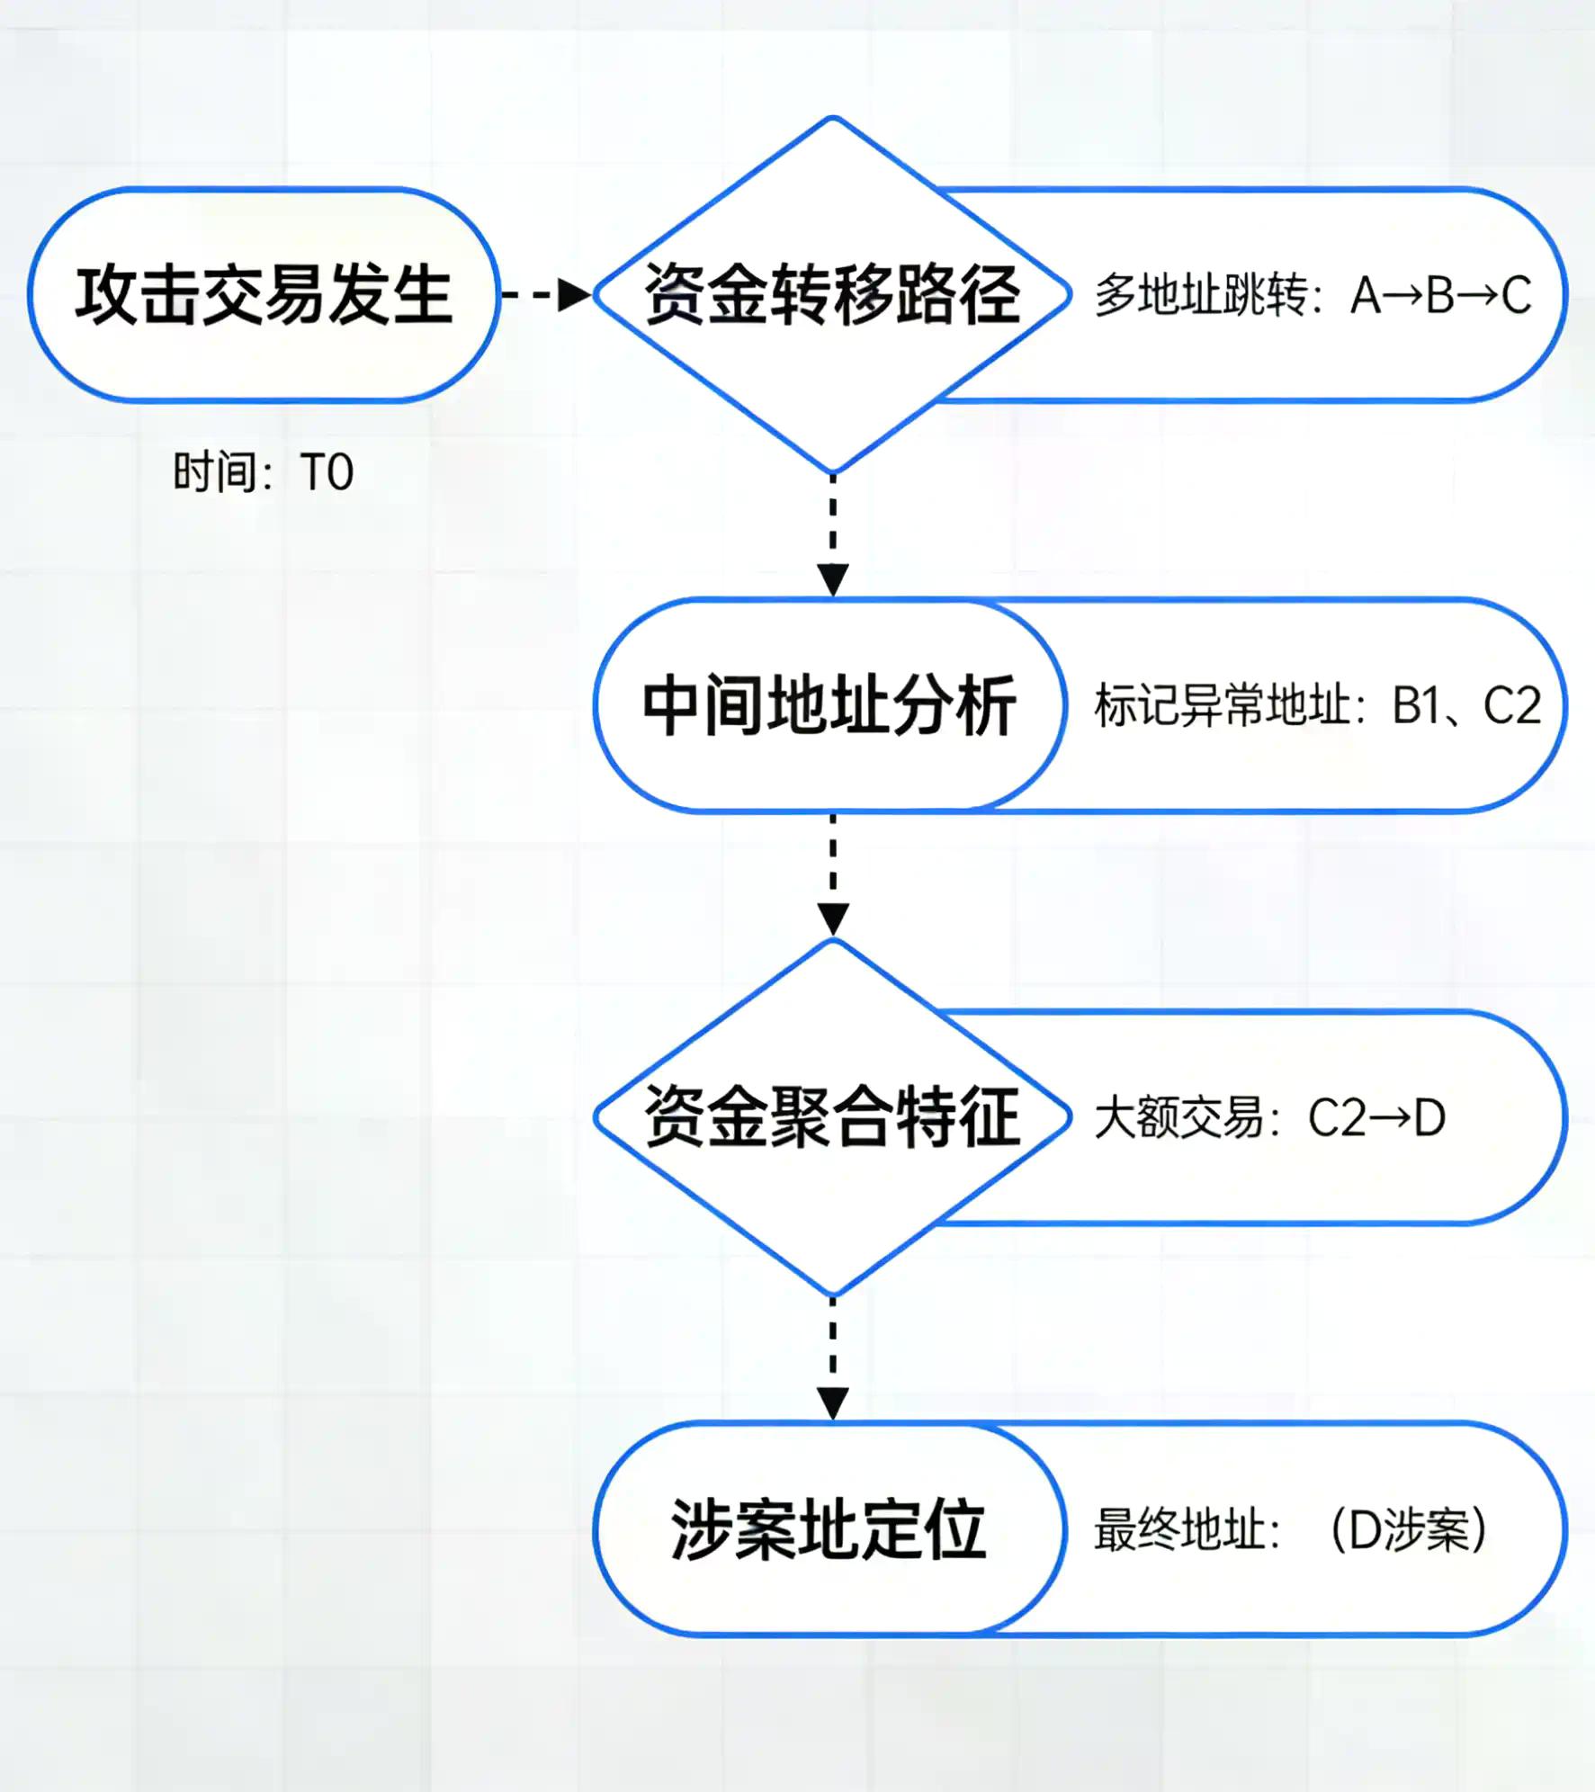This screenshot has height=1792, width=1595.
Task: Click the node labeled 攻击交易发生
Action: coord(263,295)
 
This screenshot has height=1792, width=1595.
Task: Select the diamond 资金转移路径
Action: coord(832,295)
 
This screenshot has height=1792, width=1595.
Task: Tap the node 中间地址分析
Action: coord(829,706)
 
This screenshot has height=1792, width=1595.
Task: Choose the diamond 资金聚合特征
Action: coord(832,1116)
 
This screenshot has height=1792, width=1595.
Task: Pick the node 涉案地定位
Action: coord(829,1528)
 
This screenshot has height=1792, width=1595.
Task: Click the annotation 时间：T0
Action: coord(263,472)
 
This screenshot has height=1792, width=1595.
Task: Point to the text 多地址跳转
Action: coord(1200,295)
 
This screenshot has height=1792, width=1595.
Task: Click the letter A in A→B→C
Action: coord(1366,295)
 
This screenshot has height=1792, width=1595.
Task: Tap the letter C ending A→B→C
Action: coord(1516,295)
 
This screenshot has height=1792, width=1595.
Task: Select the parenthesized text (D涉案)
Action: coord(1408,1529)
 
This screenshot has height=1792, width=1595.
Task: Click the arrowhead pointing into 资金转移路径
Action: coord(574,295)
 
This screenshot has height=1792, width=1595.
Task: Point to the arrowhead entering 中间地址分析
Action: coord(832,579)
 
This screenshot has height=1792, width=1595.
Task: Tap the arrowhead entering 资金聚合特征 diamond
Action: coord(832,919)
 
